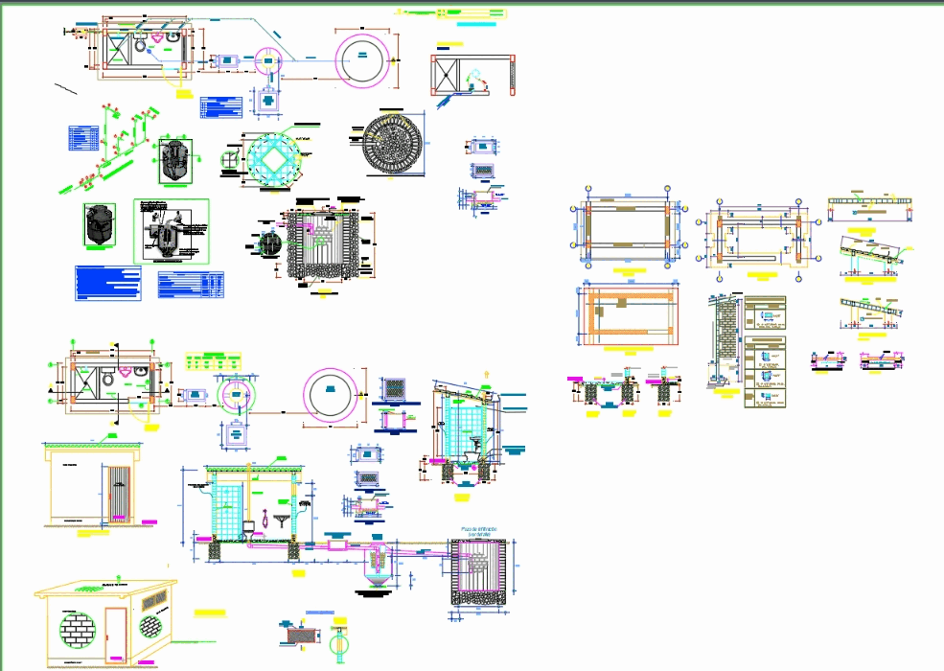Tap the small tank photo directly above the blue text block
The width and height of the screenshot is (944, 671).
[99, 224]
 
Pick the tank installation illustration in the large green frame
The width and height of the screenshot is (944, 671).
[171, 230]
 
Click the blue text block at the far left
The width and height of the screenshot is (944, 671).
[107, 283]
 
